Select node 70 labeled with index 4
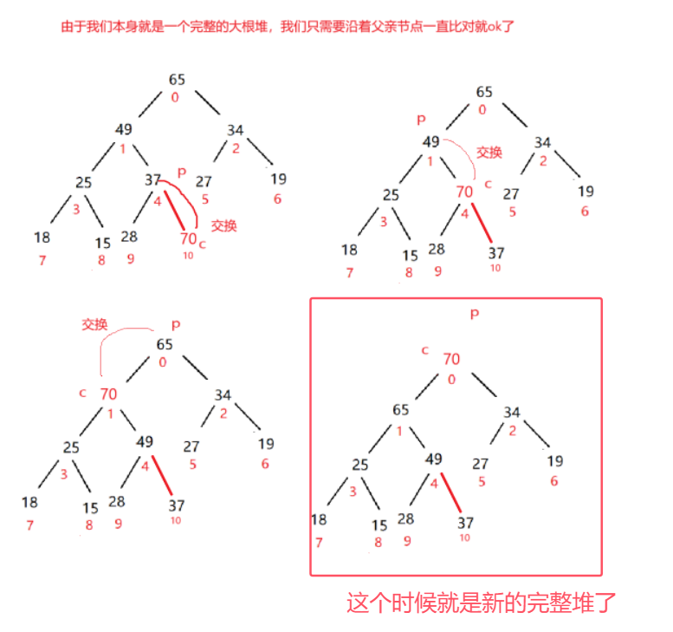point(464,192)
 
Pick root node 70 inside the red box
point(451,359)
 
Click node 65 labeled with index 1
point(400,410)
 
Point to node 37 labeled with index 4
point(153,179)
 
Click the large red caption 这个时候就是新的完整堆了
point(482,603)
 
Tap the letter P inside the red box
point(474,315)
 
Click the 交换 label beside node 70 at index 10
point(223,225)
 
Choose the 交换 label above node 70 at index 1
point(94,325)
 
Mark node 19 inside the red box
point(554,461)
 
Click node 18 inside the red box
point(319,519)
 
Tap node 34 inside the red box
point(512,413)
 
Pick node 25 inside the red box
point(360,465)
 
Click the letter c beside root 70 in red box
point(425,350)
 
